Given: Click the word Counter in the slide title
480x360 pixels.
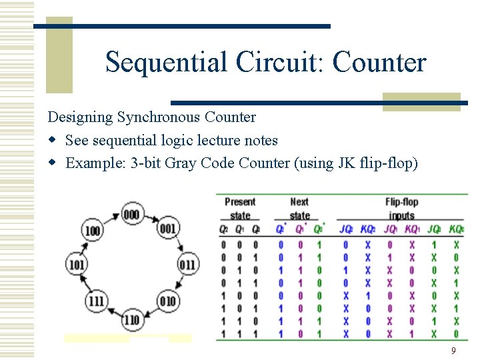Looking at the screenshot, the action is (379, 63).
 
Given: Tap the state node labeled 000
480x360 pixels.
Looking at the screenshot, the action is (131, 214).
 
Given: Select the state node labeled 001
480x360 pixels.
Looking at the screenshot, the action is (168, 229).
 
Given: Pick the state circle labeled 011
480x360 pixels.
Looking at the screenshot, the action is (188, 265).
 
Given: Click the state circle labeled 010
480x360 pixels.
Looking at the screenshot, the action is (168, 301).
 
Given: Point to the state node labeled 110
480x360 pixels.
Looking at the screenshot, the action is (131, 320).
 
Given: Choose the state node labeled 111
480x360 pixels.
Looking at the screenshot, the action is (97, 301).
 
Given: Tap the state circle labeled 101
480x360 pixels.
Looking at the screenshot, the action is (76, 265).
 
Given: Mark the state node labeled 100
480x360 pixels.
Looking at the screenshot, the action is (93, 231).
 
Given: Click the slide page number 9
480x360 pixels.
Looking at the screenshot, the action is (453, 351).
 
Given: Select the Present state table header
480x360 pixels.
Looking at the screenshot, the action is (240, 208).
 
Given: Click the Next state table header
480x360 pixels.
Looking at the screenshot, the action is (300, 208).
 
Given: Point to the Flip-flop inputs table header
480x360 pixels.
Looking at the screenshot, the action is (401, 208).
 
